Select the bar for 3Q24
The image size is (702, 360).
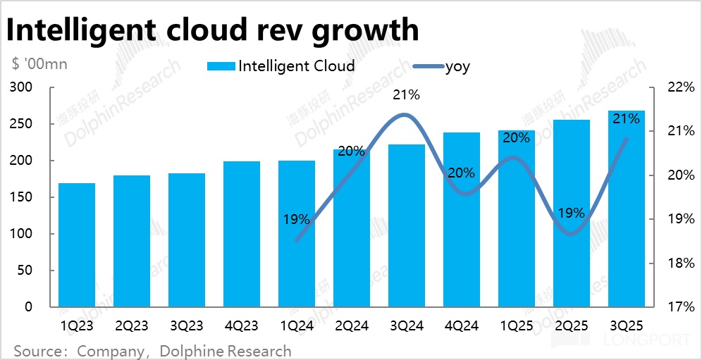point(407,225)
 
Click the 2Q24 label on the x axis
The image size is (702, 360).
point(352,326)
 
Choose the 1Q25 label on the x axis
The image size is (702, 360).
point(517,326)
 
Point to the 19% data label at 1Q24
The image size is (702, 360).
point(296,219)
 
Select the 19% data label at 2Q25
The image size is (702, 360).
point(570,213)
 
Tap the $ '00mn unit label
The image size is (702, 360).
point(39,65)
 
